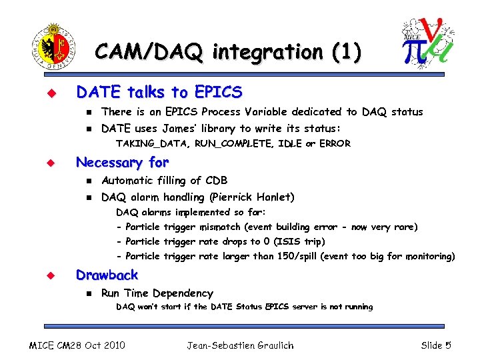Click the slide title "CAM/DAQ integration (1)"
[x=228, y=51]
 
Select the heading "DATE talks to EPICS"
[x=159, y=91]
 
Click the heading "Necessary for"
[x=123, y=162]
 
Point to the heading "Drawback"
[x=107, y=275]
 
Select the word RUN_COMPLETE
[x=215, y=143]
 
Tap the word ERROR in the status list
[x=335, y=143]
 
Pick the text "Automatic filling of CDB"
[x=164, y=180]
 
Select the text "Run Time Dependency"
[x=157, y=293]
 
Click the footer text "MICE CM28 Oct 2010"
[x=77, y=345]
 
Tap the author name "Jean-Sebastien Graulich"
[x=239, y=345]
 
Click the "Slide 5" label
[x=436, y=345]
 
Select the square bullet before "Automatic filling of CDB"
[x=87, y=181]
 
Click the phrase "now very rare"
[x=387, y=227]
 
